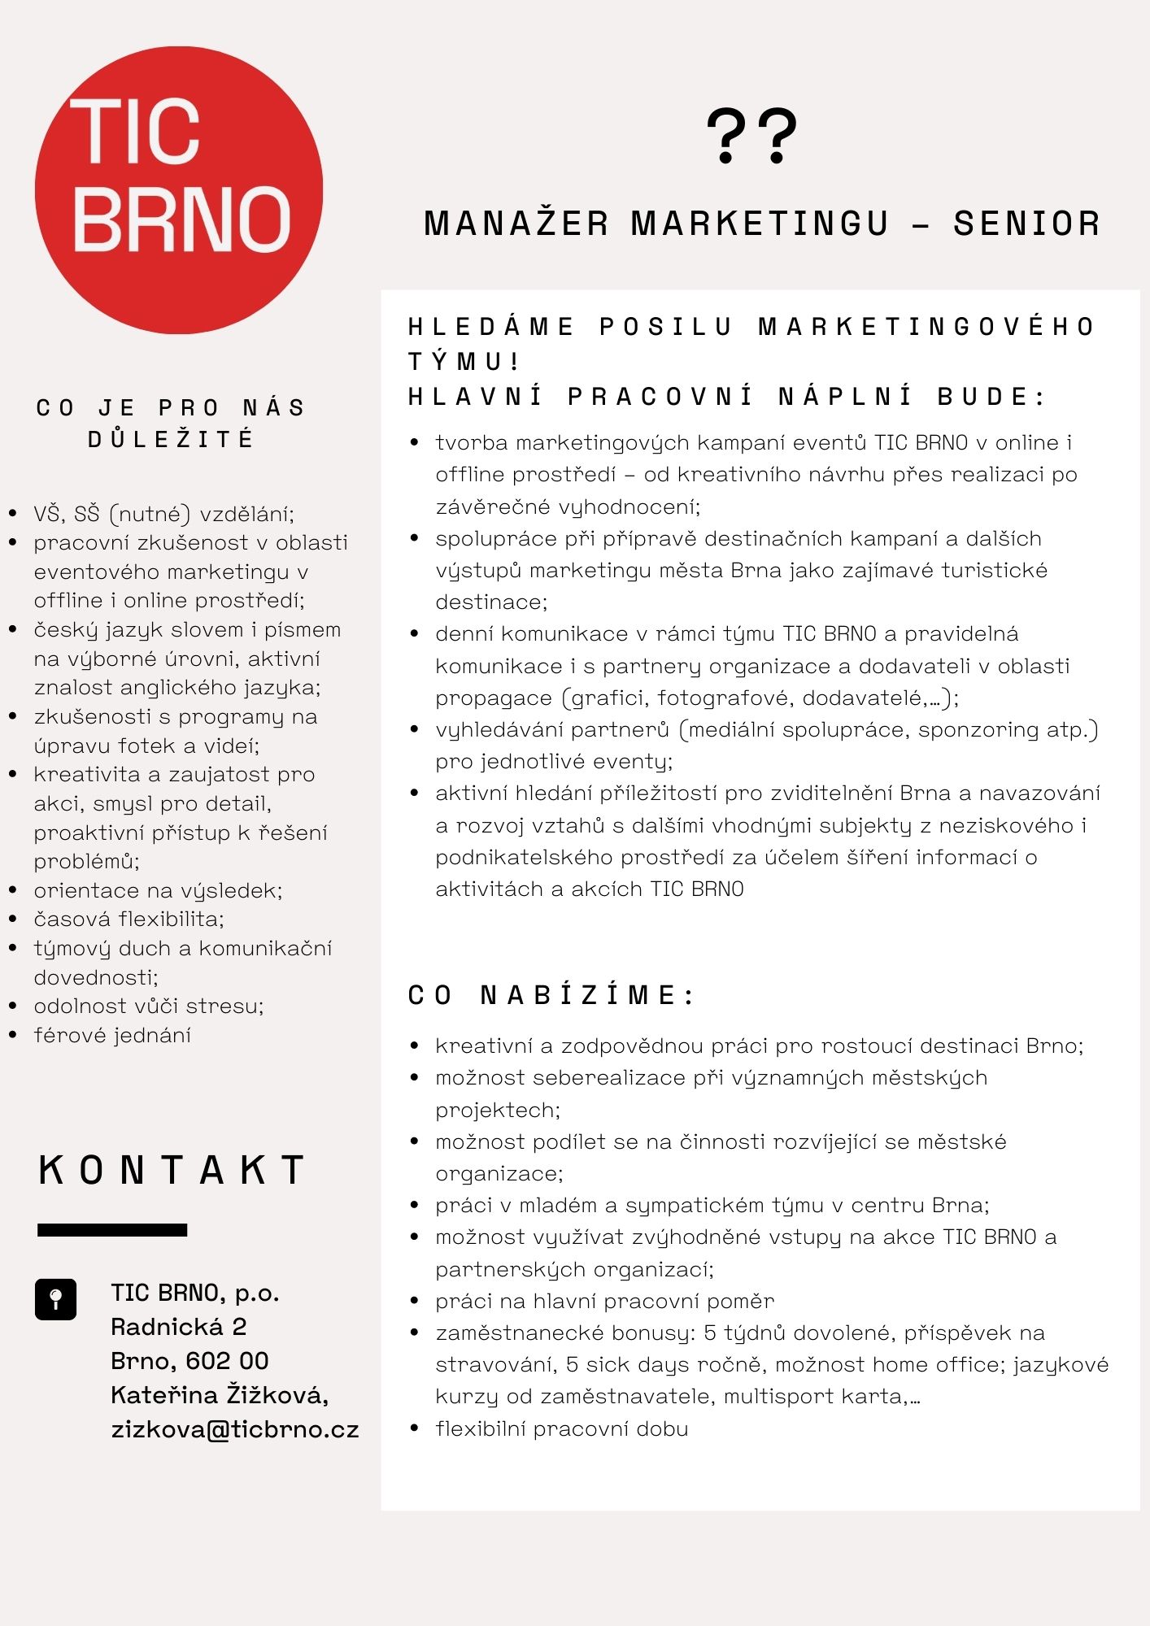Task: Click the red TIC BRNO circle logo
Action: pyautogui.click(x=179, y=189)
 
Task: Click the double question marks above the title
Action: pyautogui.click(x=751, y=136)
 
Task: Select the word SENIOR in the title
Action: pyautogui.click(x=1027, y=224)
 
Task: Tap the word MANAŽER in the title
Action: pyautogui.click(x=516, y=224)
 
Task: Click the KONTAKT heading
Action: pyautogui.click(x=172, y=1170)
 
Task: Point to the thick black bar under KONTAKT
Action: pyautogui.click(x=112, y=1230)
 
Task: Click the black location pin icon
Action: pyautogui.click(x=55, y=1298)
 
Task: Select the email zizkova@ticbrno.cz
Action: pyautogui.click(x=234, y=1429)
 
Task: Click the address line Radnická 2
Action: pyautogui.click(x=179, y=1327)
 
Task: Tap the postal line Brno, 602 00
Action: pyautogui.click(x=189, y=1361)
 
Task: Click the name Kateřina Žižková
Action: pyautogui.click(x=220, y=1395)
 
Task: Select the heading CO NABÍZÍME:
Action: pyautogui.click(x=551, y=995)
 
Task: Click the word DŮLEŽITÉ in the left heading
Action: pyautogui.click(x=171, y=440)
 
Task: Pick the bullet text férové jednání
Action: pyautogui.click(x=112, y=1035)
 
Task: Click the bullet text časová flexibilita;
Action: pyautogui.click(x=129, y=920)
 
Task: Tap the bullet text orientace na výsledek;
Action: pyautogui.click(x=158, y=890)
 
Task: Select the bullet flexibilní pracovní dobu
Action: pyautogui.click(x=561, y=1428)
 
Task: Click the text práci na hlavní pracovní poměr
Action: pyautogui.click(x=604, y=1301)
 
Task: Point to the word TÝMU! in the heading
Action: pyautogui.click(x=464, y=361)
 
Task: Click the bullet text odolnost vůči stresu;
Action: pyautogui.click(x=149, y=1006)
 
